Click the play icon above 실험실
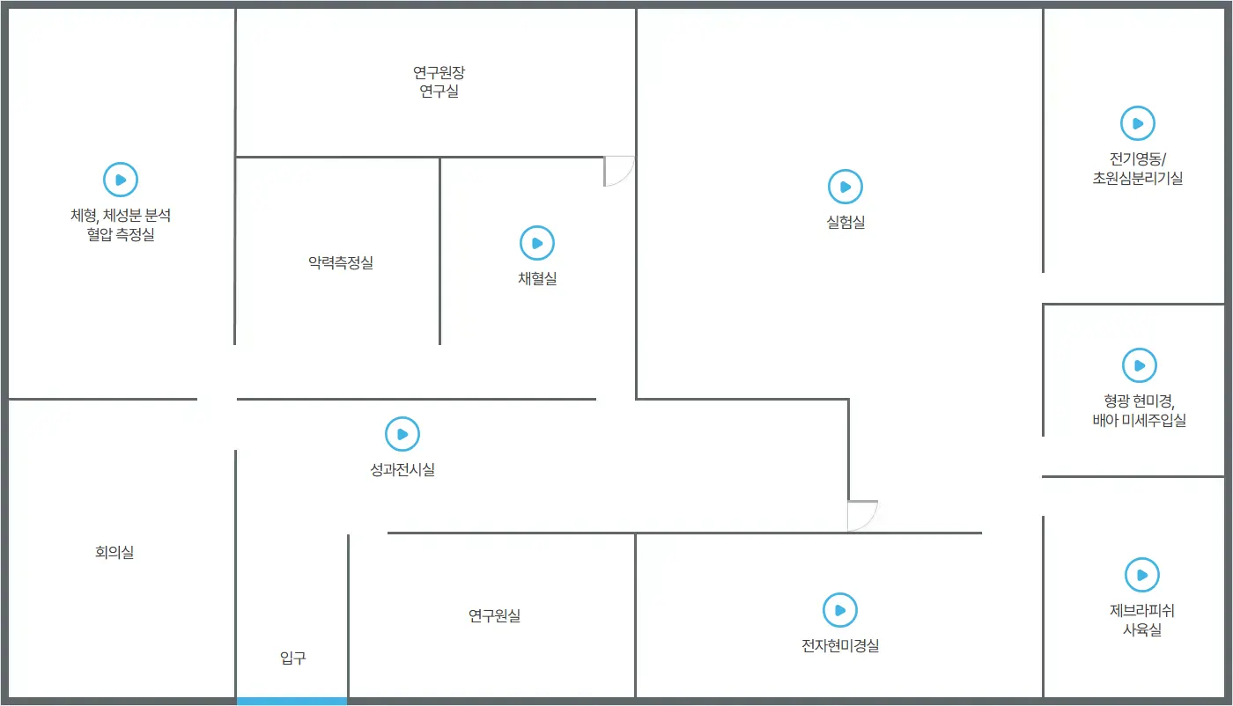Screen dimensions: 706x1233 pos(845,187)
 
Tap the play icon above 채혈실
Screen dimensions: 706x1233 pos(537,243)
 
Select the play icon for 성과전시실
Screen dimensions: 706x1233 pos(402,434)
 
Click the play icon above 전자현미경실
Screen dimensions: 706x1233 pos(840,610)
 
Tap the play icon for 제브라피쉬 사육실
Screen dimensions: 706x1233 pos(1142,576)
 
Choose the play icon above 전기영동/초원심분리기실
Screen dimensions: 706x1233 pos(1138,124)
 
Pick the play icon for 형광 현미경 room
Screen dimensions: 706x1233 pos(1140,365)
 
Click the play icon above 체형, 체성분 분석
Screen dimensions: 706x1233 pos(121,180)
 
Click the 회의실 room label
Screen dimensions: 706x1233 pos(114,553)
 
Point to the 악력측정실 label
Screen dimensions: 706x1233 pos(341,262)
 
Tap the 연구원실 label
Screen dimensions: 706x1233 pos(494,615)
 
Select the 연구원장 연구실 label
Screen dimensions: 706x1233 pos(439,82)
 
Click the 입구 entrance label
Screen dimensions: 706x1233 pos(293,658)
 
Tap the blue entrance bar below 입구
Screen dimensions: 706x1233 pos(292,701)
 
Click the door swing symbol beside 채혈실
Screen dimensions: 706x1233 pos(617,171)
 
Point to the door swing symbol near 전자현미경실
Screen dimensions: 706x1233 pos(861,516)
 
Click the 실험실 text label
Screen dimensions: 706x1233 pos(845,223)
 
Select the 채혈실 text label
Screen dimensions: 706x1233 pos(537,279)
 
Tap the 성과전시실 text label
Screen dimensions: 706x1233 pos(402,470)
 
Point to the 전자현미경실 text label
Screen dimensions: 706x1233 pos(840,646)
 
